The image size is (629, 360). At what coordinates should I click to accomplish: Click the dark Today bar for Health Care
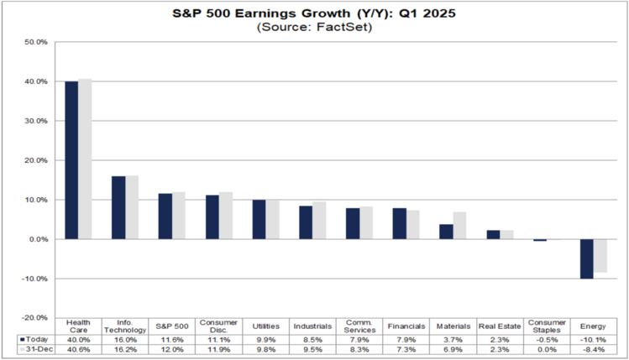tap(72, 160)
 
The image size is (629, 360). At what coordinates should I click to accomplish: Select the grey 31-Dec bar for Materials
tap(459, 226)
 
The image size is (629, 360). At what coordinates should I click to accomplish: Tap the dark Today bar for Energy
tap(587, 258)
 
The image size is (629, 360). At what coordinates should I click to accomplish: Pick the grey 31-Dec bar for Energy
tap(600, 255)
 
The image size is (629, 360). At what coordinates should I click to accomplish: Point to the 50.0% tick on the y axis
tap(36, 42)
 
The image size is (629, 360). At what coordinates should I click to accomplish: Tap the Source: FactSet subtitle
tap(315, 28)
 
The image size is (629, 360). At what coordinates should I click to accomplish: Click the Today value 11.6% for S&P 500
tap(172, 338)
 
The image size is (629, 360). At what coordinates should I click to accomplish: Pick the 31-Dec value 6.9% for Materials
tap(453, 349)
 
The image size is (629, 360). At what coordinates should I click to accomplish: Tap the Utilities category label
tap(265, 324)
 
